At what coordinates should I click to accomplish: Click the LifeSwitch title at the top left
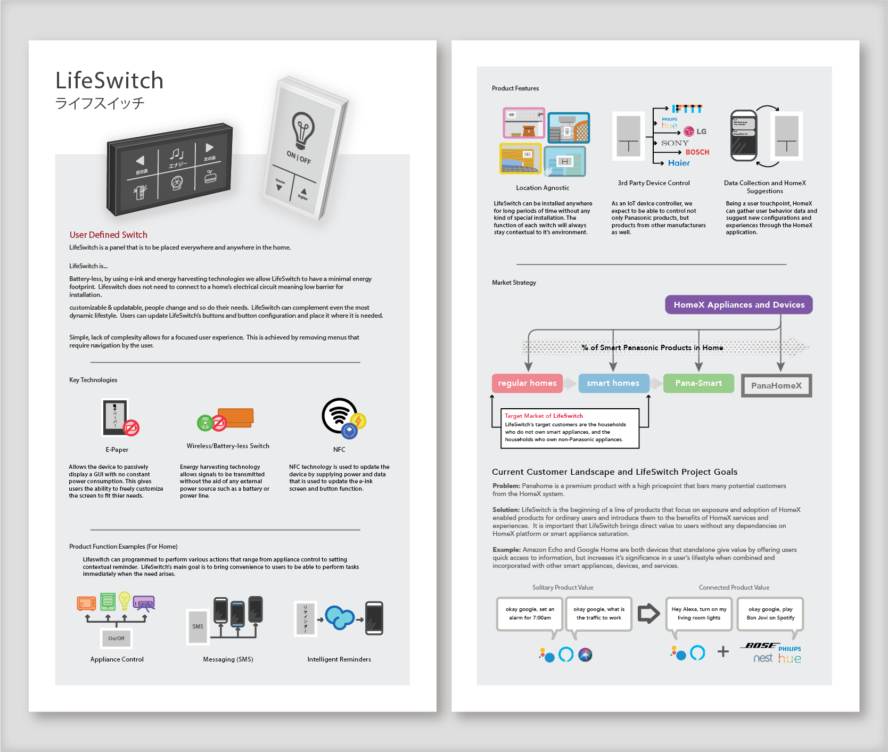click(109, 81)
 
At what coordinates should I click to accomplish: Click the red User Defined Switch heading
click(108, 235)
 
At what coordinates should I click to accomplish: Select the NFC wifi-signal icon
click(339, 415)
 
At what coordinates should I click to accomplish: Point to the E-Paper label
click(117, 450)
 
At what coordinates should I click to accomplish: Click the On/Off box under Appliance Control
click(116, 638)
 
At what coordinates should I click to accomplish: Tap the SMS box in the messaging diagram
click(198, 626)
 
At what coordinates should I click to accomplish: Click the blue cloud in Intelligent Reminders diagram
click(339, 618)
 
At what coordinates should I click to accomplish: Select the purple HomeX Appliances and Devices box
click(738, 305)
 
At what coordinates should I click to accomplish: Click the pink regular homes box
click(527, 383)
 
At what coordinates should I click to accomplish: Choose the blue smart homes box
click(613, 383)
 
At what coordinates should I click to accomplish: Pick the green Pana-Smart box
click(698, 383)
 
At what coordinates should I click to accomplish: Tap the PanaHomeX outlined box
click(776, 386)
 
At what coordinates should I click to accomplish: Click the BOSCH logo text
click(697, 152)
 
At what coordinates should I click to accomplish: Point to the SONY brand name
click(675, 143)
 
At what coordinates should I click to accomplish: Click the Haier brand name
click(679, 163)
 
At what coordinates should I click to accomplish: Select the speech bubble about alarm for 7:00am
click(530, 614)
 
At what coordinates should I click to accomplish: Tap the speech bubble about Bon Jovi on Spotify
click(770, 614)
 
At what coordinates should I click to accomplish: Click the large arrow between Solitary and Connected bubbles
click(648, 614)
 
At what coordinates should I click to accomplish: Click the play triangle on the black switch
click(209, 147)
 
